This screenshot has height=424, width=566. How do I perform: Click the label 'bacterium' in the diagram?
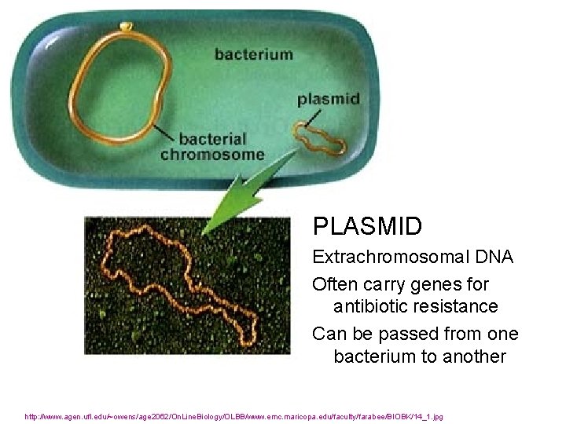coord(253,55)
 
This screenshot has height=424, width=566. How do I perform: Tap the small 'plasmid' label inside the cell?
coord(329,100)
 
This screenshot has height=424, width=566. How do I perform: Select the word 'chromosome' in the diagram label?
coord(212,154)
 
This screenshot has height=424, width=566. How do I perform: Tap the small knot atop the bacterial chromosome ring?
coord(126,26)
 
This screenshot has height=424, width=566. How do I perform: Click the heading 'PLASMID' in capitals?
coord(367,227)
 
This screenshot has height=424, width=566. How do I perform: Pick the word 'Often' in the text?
coord(335,283)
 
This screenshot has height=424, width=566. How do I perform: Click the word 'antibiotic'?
coord(375,305)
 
